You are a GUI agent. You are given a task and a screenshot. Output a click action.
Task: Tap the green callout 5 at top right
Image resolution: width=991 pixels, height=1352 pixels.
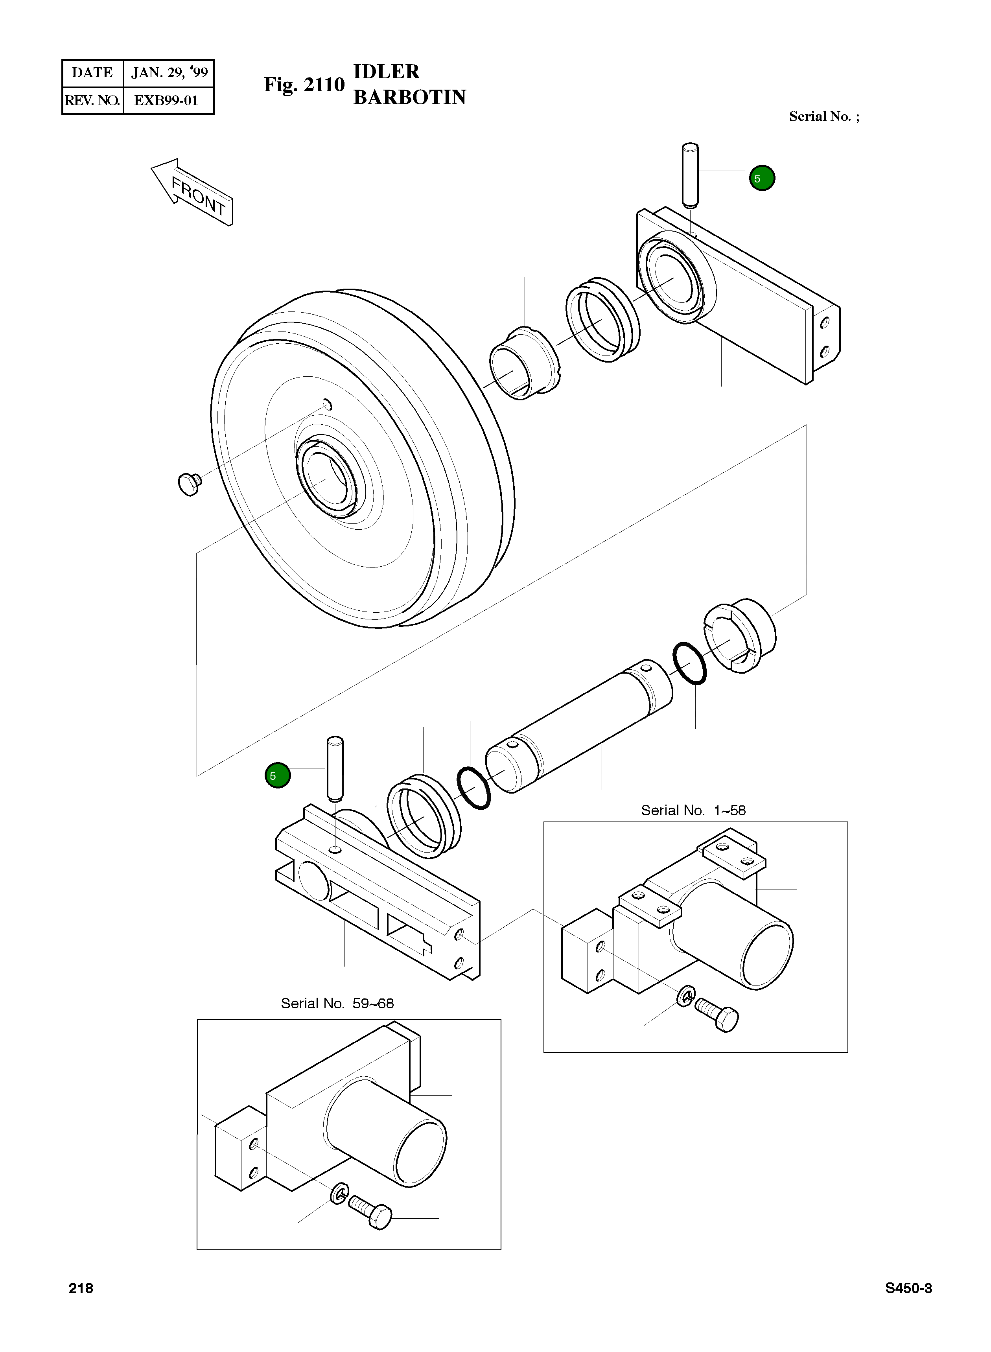(x=762, y=178)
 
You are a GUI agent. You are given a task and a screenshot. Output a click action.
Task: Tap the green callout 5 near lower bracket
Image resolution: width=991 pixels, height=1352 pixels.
(x=277, y=775)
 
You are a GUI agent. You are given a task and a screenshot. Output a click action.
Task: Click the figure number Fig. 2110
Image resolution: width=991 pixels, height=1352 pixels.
(x=304, y=85)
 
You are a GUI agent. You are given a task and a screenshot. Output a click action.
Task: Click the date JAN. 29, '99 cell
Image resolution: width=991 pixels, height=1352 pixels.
(x=169, y=73)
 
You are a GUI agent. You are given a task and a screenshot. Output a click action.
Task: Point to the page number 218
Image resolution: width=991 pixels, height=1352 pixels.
(x=81, y=1288)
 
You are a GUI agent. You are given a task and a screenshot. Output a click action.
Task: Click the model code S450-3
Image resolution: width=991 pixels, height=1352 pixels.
(x=908, y=1288)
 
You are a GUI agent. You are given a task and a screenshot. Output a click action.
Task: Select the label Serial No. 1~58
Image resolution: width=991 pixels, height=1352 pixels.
(x=693, y=810)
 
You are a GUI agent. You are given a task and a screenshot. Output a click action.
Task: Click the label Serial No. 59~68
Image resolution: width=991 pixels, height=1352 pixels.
(x=337, y=1004)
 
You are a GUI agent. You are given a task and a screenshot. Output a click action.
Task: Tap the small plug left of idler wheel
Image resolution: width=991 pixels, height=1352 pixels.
(x=190, y=483)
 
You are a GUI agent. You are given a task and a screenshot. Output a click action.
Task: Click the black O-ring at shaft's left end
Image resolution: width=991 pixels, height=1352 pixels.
(x=473, y=788)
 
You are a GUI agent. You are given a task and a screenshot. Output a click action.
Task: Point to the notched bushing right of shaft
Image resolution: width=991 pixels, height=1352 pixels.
(x=739, y=636)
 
